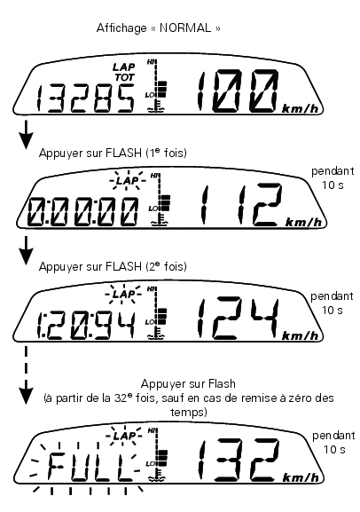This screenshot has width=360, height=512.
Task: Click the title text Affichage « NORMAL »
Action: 159,28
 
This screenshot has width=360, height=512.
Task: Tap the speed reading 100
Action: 239,91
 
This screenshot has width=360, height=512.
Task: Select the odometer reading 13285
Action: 85,98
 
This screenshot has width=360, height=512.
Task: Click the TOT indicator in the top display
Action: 124,77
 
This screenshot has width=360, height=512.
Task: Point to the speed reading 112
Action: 241,204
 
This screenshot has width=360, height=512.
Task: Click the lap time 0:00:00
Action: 82,212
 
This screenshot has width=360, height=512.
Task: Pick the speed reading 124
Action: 239,318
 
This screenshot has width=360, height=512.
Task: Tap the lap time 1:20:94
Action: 85,326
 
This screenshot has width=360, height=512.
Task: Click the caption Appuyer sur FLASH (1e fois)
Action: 113,153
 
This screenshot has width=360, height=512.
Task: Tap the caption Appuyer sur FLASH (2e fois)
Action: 113,266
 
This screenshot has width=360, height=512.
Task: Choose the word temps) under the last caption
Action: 188,412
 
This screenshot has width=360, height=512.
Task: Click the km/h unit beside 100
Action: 300,109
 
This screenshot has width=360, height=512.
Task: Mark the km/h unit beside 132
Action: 301,477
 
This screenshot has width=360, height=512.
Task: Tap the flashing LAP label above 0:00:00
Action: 128,180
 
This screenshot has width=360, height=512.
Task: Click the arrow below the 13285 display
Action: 26,135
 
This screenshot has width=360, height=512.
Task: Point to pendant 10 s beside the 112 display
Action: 333,178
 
